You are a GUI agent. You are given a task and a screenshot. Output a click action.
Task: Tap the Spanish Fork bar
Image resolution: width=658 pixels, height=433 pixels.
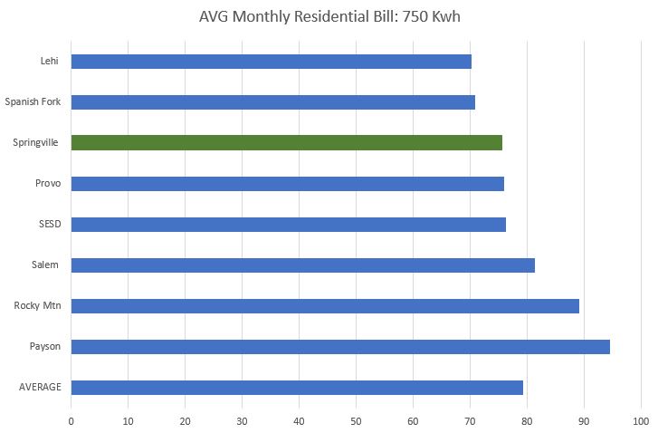coord(272,102)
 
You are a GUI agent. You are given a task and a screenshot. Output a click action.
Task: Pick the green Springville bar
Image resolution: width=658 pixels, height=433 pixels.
coord(286,143)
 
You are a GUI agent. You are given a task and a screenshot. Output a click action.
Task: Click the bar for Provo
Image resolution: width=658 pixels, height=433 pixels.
coord(287,184)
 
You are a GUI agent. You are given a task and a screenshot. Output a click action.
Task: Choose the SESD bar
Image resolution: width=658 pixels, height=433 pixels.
coord(288,225)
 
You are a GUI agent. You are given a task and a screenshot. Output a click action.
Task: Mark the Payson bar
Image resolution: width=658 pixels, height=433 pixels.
coord(340,347)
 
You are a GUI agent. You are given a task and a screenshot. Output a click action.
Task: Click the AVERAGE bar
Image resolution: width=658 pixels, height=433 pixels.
coord(297,388)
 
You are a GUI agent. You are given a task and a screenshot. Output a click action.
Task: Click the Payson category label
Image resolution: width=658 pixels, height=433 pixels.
coord(45,347)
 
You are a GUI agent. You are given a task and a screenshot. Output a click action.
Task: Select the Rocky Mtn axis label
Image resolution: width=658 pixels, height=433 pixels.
coord(38,306)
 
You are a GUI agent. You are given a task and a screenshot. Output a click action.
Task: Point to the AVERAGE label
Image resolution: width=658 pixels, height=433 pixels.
coord(40,388)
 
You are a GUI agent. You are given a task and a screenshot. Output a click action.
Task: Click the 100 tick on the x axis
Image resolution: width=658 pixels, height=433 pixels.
coord(641,420)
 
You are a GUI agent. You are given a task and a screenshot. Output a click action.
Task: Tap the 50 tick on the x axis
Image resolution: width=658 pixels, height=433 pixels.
coord(356,420)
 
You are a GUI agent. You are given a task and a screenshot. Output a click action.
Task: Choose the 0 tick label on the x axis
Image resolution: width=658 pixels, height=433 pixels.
coord(71,420)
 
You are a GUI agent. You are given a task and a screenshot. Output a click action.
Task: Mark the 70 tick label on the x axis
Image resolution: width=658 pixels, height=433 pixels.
coord(470,420)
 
